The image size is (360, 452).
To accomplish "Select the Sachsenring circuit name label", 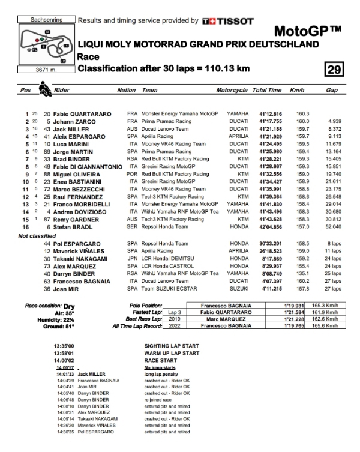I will pos(46,20).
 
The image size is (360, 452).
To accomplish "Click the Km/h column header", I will pos(297,90).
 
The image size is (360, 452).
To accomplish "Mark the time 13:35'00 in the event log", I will pos(64,346).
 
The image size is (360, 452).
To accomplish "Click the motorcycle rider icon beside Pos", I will pos(45,90).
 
